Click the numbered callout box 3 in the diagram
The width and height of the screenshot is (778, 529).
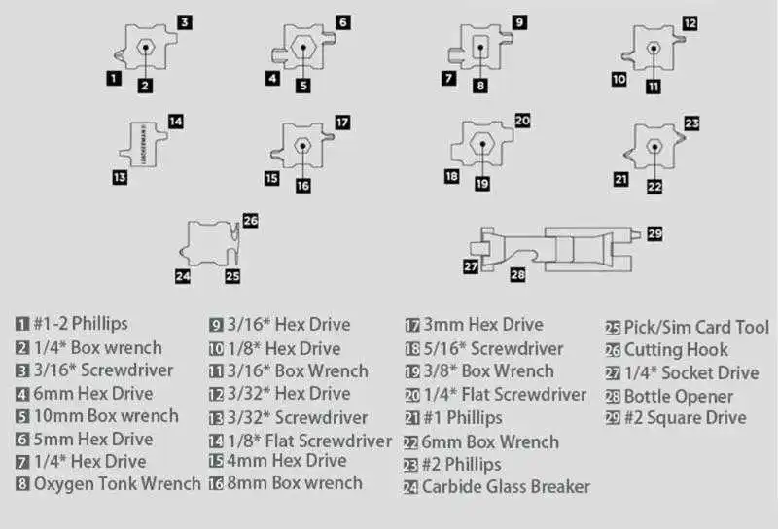pos(185,20)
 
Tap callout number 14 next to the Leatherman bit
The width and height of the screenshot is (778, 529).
pos(175,122)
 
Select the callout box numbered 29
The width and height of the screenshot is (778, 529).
pos(654,233)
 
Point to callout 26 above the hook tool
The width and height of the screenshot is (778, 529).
pos(250,221)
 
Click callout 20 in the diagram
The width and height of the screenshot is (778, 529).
pos(521,121)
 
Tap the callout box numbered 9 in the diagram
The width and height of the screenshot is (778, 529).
pos(519,20)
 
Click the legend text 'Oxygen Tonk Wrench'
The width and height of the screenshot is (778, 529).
pos(117,483)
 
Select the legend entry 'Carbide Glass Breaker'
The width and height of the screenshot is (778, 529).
pos(506,486)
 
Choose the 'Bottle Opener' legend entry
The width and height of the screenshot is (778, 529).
pos(679,396)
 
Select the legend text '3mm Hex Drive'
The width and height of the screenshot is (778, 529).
pos(481,325)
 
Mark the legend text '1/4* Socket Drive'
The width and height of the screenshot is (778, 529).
pos(690,373)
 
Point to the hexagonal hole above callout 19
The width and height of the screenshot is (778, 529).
pos(480,145)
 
